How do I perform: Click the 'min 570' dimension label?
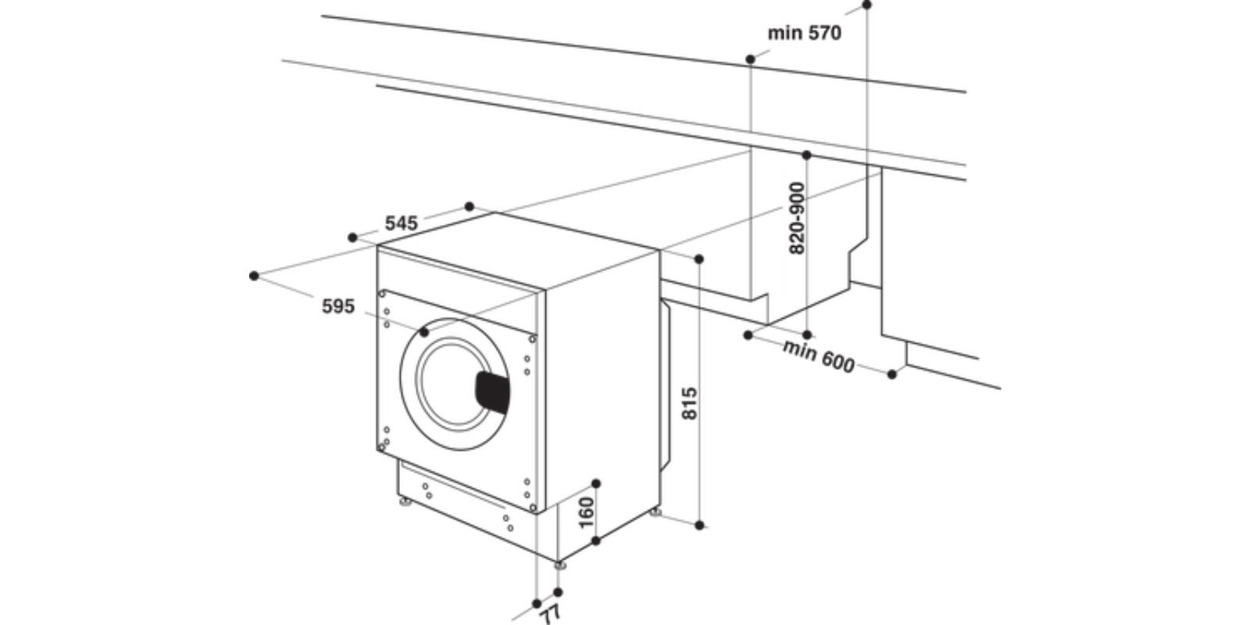[804, 33]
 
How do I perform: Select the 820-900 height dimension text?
[797, 218]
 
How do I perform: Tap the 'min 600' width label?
[818, 356]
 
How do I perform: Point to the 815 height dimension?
[689, 403]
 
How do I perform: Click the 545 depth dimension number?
[402, 223]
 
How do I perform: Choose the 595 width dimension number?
[338, 306]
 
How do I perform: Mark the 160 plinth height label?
[586, 512]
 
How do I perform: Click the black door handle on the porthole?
[492, 391]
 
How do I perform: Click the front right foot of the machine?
[559, 564]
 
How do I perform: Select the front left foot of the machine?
[404, 501]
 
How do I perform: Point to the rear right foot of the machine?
[655, 512]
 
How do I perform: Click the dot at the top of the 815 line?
[699, 259]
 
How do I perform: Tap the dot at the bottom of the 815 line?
[699, 525]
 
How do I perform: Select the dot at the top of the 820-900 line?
[807, 155]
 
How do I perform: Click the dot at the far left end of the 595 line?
[254, 276]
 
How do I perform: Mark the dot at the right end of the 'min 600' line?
[892, 374]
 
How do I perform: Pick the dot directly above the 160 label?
[596, 484]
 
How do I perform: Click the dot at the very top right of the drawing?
[866, 5]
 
